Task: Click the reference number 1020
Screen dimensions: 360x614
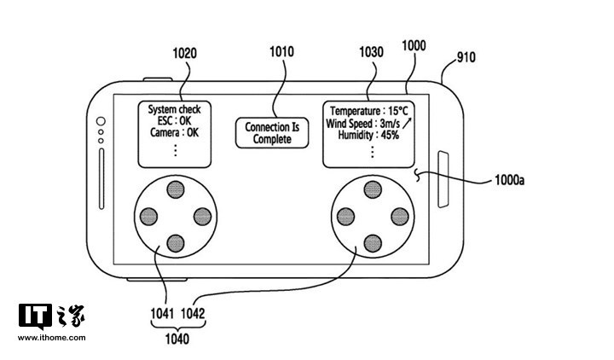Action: [184, 53]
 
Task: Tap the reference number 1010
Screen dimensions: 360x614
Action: [281, 51]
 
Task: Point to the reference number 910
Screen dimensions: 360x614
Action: [466, 58]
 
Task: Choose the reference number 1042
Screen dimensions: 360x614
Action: [194, 313]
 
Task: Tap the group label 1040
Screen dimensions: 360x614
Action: [177, 340]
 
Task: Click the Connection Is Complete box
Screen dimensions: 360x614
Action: [272, 133]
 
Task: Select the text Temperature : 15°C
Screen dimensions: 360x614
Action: [369, 111]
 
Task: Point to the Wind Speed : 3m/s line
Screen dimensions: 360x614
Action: [366, 123]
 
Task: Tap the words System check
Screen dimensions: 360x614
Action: [174, 110]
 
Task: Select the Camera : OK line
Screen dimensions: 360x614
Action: [175, 133]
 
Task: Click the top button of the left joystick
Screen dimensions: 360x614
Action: [174, 189]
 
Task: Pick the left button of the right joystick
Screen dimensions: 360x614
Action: [344, 216]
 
